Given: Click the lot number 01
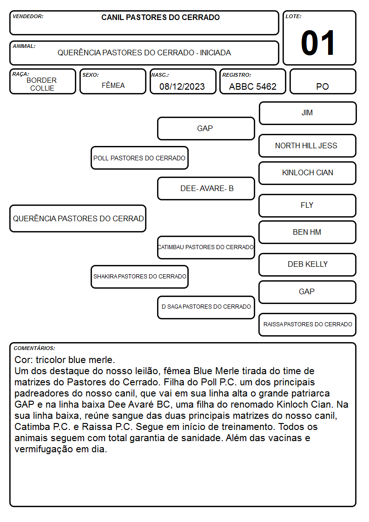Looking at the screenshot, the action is coord(318,43).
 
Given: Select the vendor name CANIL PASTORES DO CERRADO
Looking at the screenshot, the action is coord(160,17).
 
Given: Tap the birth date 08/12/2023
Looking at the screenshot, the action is coord(182,86).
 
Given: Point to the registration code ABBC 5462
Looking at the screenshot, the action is coord(252,86).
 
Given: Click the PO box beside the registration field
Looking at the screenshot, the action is coord(323,81).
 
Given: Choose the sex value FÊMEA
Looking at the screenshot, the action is coord(113,85).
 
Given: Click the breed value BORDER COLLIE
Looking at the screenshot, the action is coord(42,84).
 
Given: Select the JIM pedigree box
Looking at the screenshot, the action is coord(308,113).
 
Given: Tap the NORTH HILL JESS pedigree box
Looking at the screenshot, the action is coord(308,146).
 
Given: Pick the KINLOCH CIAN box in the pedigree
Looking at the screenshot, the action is coord(308,173).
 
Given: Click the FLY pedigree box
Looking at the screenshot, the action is coord(308,206).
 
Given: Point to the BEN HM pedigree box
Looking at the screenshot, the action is coord(308,232).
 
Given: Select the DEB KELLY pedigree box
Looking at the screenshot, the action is coord(308,264).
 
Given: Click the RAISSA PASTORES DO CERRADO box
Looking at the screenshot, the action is coord(308,324).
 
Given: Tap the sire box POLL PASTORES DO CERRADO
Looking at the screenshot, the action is coord(140,158).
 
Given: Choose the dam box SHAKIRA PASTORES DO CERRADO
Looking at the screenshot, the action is coord(140,277).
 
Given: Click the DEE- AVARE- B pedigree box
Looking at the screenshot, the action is coord(206,188).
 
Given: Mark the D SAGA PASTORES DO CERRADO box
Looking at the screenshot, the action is coord(206,307).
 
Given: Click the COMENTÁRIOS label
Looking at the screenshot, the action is coord(34,348).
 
